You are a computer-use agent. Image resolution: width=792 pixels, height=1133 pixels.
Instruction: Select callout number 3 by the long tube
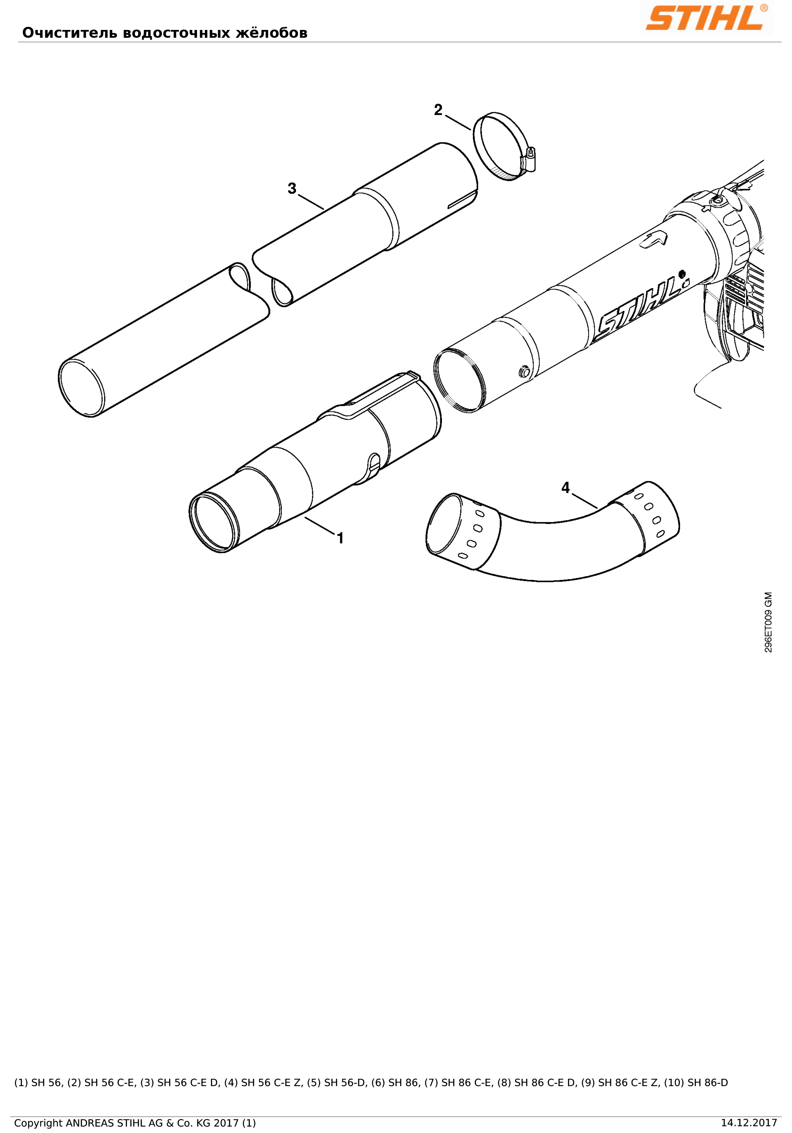coord(292,188)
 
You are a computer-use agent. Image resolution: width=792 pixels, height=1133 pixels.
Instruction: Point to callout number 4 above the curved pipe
coord(565,487)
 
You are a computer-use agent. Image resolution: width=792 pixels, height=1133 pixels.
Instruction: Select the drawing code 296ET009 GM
coord(768,622)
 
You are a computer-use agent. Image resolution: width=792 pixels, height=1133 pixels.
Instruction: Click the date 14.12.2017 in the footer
coord(748,1123)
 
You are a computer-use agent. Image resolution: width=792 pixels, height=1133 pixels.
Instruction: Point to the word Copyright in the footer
coord(38,1123)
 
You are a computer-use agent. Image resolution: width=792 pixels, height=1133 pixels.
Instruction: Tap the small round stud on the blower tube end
coord(525,371)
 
